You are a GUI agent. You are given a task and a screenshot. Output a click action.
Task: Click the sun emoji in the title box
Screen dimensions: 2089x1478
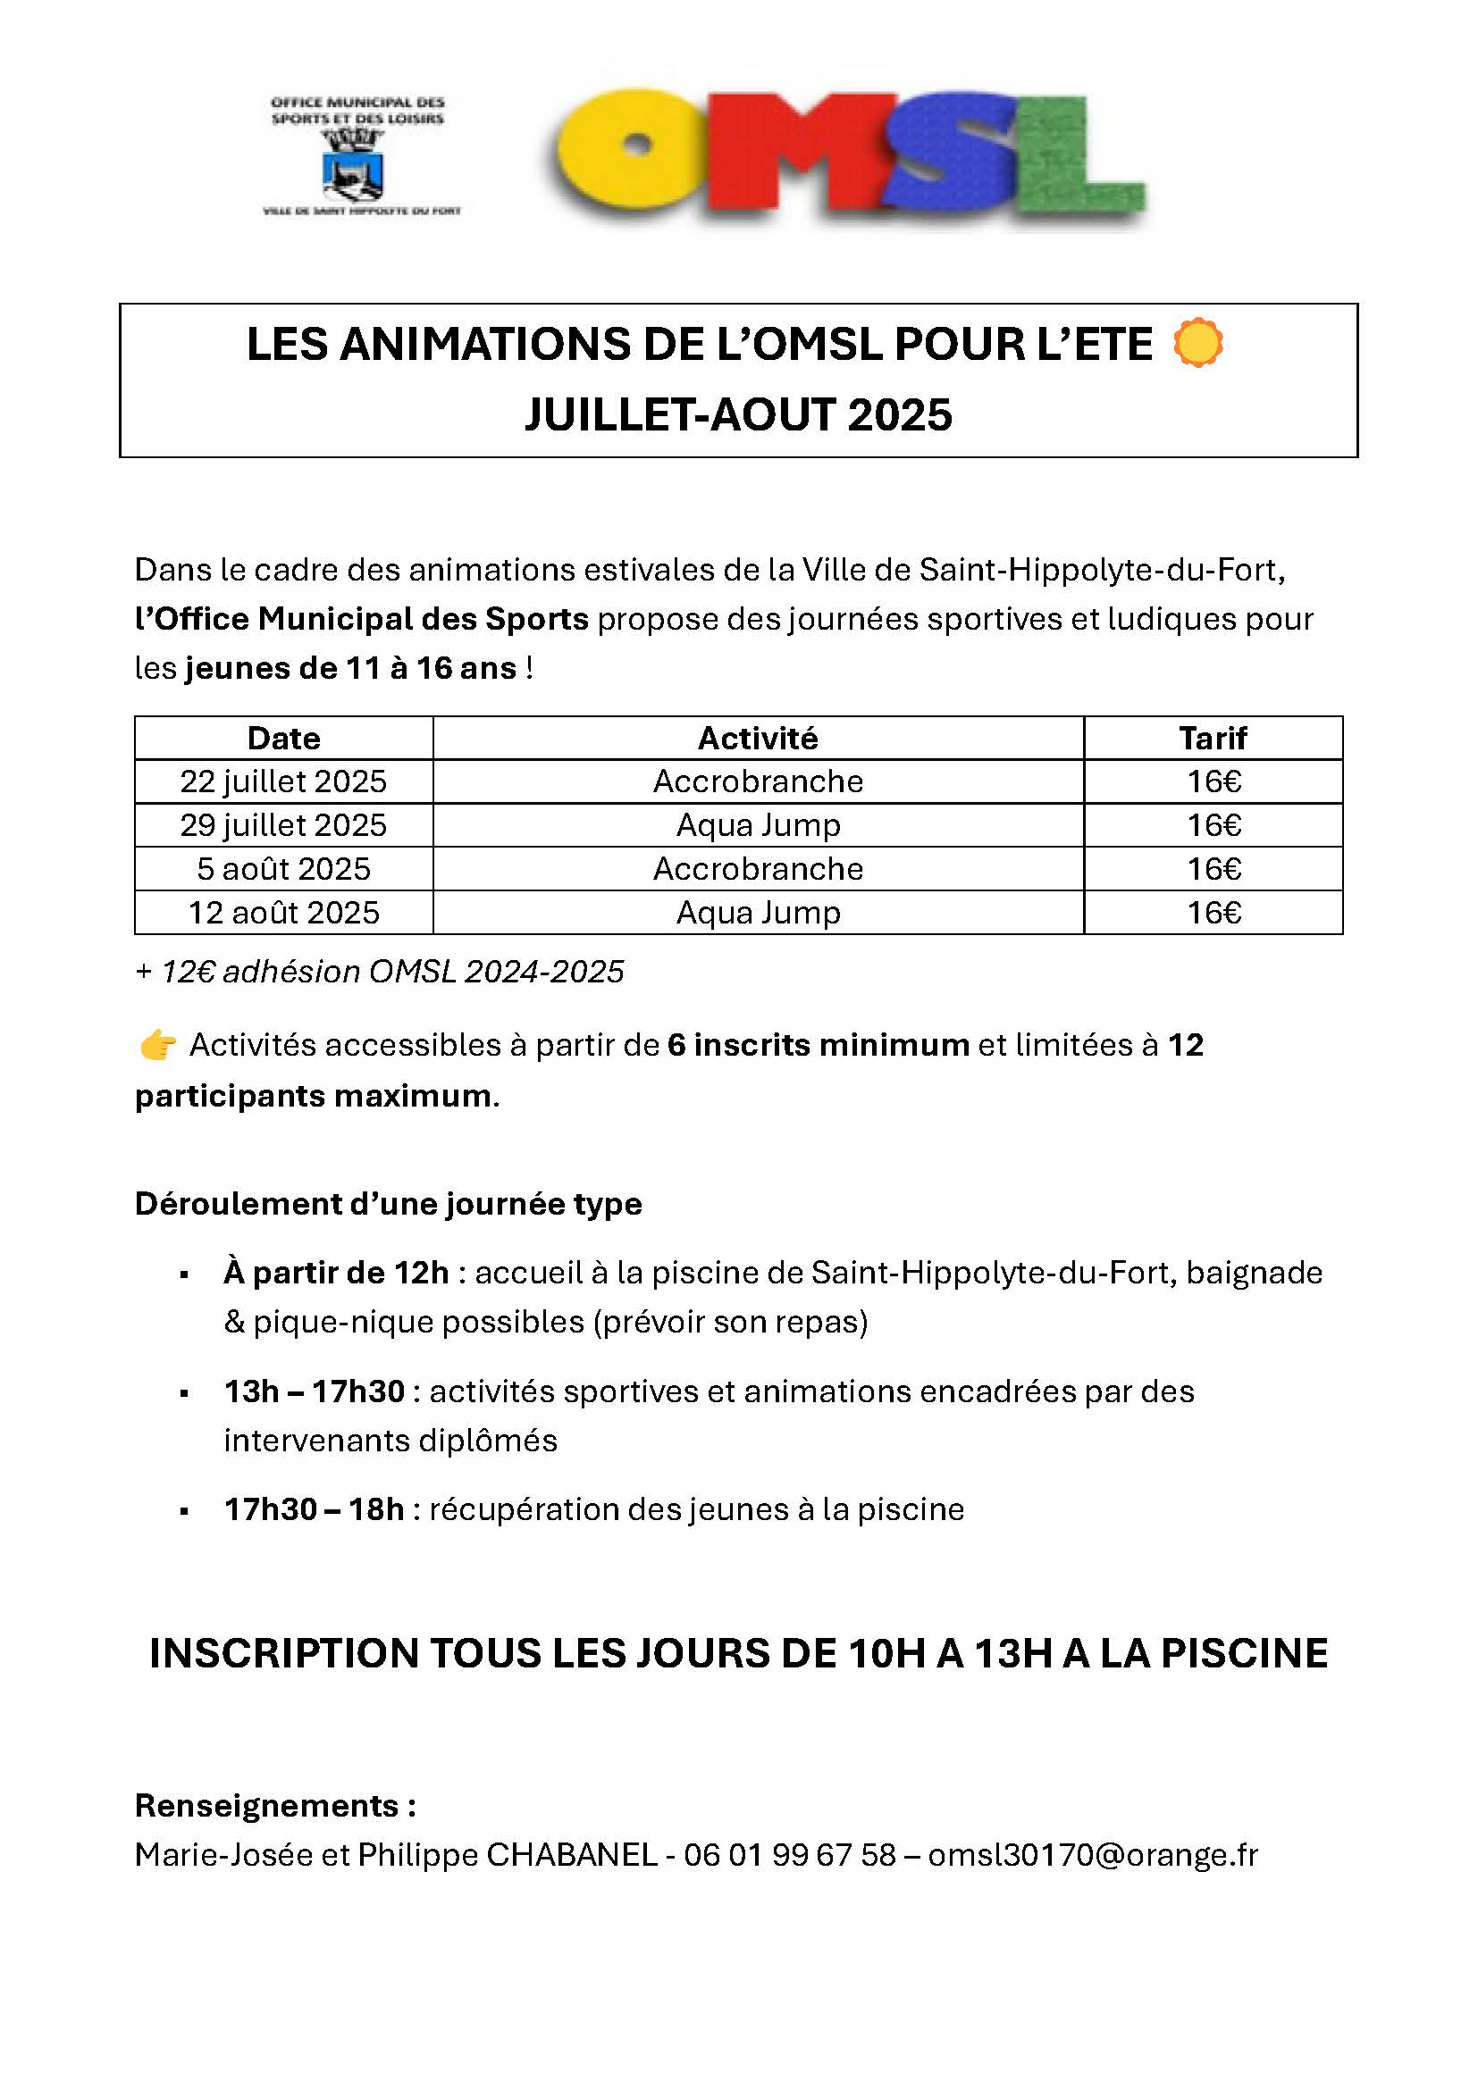pyautogui.click(x=1197, y=344)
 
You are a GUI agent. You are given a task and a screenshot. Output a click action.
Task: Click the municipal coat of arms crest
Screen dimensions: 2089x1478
pyautogui.click(x=354, y=164)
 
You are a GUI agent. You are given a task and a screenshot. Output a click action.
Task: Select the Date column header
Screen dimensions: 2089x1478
pyautogui.click(x=283, y=738)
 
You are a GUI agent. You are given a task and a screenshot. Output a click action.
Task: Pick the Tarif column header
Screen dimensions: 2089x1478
pyautogui.click(x=1213, y=738)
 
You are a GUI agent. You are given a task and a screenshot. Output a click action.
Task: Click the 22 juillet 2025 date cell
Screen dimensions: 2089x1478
pyautogui.click(x=283, y=781)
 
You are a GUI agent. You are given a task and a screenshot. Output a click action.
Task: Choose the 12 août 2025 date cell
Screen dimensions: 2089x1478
pyautogui.click(x=283, y=913)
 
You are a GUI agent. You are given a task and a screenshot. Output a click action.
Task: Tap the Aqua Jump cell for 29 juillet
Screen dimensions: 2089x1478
pyautogui.click(x=758, y=825)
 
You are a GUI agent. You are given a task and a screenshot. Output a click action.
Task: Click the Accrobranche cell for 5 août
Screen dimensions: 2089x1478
pyautogui.click(x=758, y=869)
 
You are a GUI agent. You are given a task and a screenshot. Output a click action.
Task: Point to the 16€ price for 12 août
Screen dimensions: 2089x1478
pyautogui.click(x=1213, y=913)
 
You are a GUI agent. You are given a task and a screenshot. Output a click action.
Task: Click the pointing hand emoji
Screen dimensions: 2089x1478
pyautogui.click(x=157, y=1046)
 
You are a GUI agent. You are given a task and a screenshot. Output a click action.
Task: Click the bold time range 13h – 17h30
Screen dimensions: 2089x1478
pyautogui.click(x=314, y=1391)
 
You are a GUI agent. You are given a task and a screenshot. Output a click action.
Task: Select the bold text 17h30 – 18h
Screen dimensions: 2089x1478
pyautogui.click(x=314, y=1509)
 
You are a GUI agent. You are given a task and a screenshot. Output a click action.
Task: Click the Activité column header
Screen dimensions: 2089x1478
pyautogui.click(x=758, y=738)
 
